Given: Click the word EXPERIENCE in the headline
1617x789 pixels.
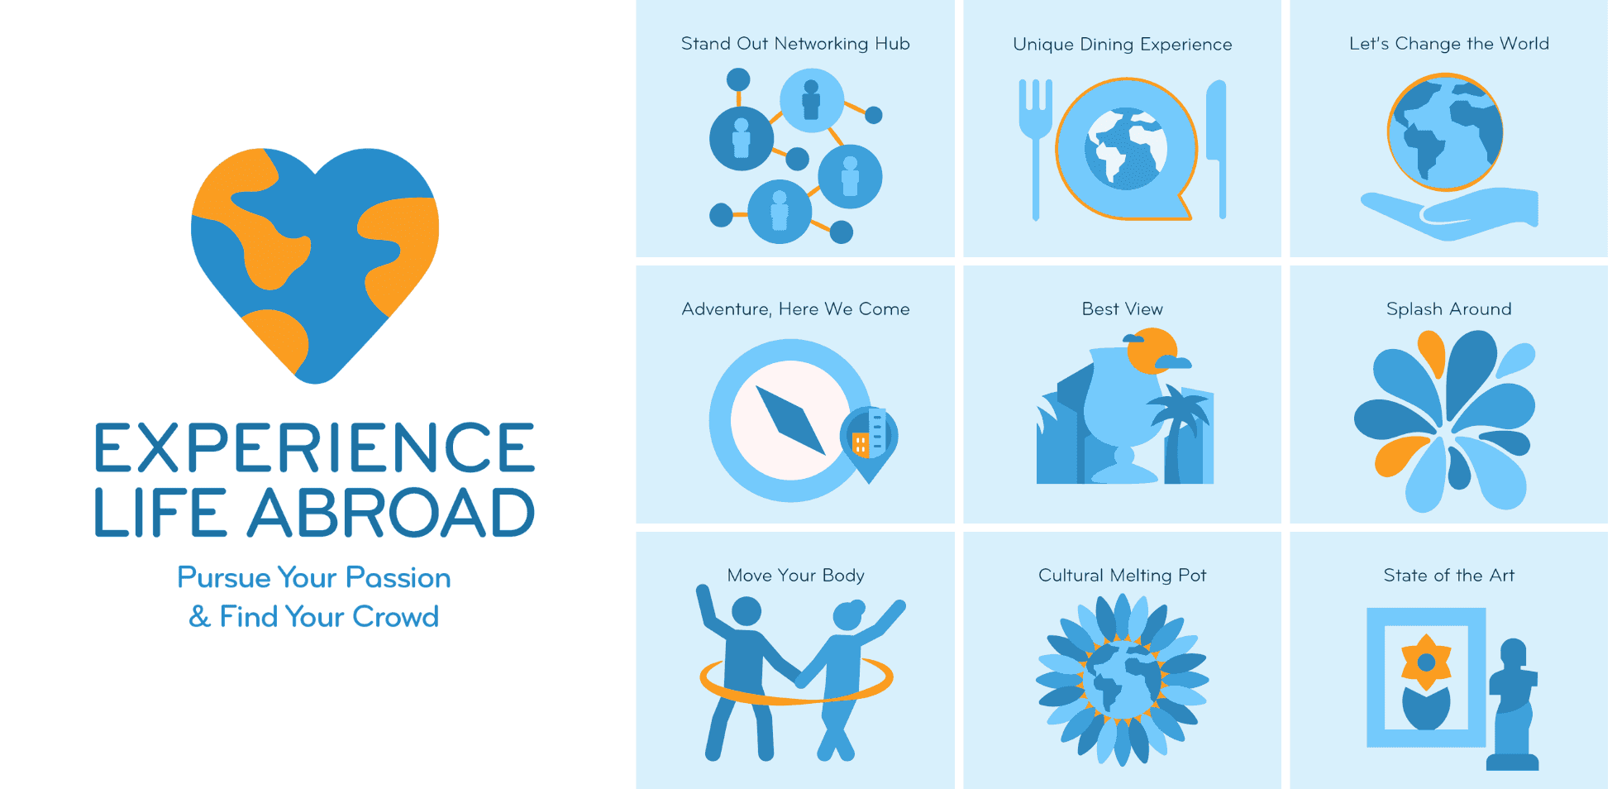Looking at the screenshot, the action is pyautogui.click(x=315, y=447).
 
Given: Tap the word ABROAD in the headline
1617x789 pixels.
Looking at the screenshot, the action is pyautogui.click(x=391, y=512).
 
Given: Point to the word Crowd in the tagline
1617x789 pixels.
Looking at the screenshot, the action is pyautogui.click(x=395, y=616).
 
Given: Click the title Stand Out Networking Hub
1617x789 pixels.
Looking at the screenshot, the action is pyautogui.click(x=795, y=44).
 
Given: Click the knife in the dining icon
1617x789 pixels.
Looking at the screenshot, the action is pyautogui.click(x=1217, y=149).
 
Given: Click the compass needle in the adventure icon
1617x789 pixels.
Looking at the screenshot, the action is pyautogui.click(x=790, y=421).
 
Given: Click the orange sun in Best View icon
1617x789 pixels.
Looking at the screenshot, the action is pyautogui.click(x=1151, y=351).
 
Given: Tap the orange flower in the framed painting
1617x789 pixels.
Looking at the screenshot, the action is pyautogui.click(x=1426, y=662).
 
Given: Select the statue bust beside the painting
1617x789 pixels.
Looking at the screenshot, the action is pyautogui.click(x=1513, y=705).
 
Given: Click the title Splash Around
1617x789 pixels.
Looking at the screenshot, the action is pyautogui.click(x=1449, y=309).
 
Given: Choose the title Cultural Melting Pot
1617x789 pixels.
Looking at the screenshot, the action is pyautogui.click(x=1122, y=576).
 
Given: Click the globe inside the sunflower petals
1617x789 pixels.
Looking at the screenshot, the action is pyautogui.click(x=1123, y=680).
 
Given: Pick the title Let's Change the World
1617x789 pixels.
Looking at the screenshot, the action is pyautogui.click(x=1449, y=44).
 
